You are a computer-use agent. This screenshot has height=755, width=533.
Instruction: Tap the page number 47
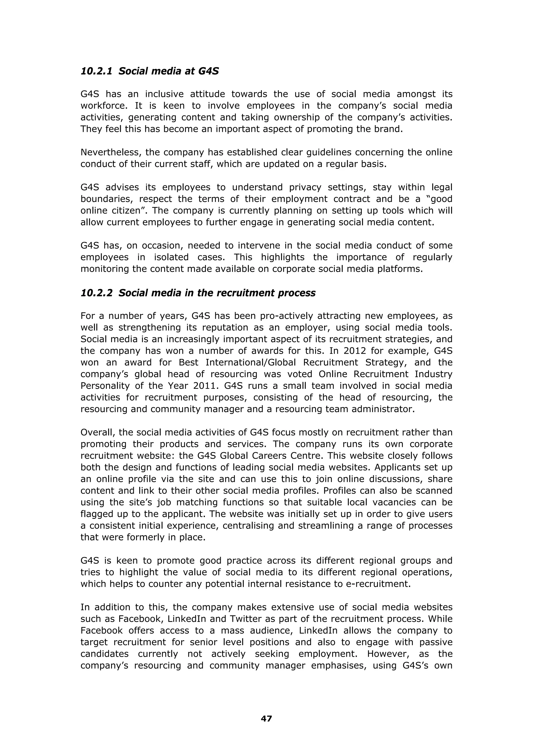pos(266,719)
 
